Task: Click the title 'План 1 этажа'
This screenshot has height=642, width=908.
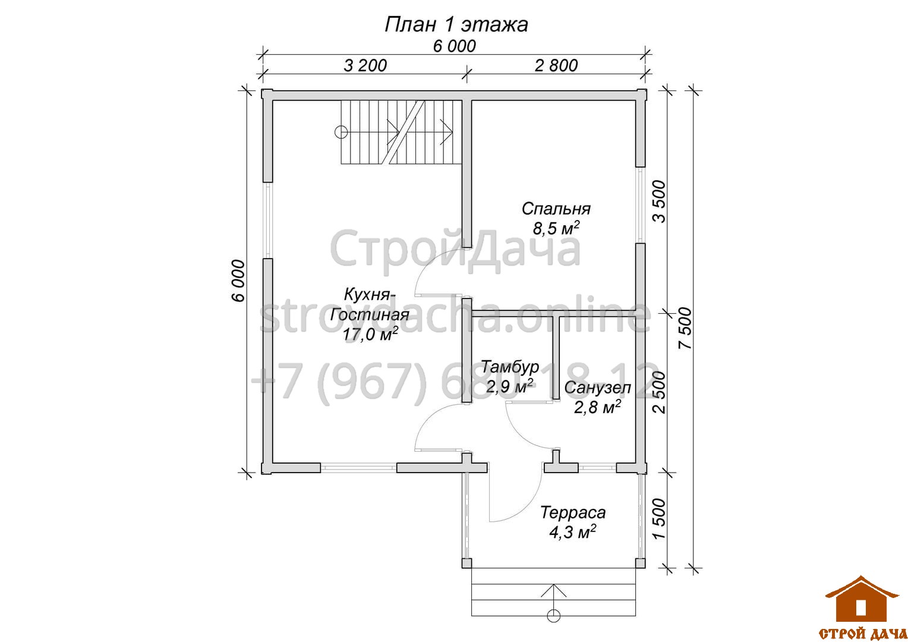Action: pos(456,24)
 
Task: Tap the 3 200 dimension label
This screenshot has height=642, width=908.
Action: pos(365,65)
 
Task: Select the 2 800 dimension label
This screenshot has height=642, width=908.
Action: pos(556,65)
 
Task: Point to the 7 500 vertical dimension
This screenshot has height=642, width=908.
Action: pos(685,328)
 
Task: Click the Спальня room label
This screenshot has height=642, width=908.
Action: pos(556,209)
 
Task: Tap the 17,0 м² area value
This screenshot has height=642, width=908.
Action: pos(370,335)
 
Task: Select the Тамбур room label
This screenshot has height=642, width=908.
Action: pos(509,367)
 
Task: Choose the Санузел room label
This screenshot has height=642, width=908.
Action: pos(597,388)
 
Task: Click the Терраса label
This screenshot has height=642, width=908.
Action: pos(573,512)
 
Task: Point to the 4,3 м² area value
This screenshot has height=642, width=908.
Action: pos(572,532)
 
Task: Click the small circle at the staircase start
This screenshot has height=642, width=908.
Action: pos(341,132)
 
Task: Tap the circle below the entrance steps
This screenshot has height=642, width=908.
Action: pos(553,616)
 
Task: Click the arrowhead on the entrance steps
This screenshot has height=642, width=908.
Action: pos(553,590)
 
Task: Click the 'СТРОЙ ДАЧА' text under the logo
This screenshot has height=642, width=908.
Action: pos(863,633)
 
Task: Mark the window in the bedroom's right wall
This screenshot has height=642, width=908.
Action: pos(640,205)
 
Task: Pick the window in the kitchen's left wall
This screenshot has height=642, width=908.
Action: pos(267,220)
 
